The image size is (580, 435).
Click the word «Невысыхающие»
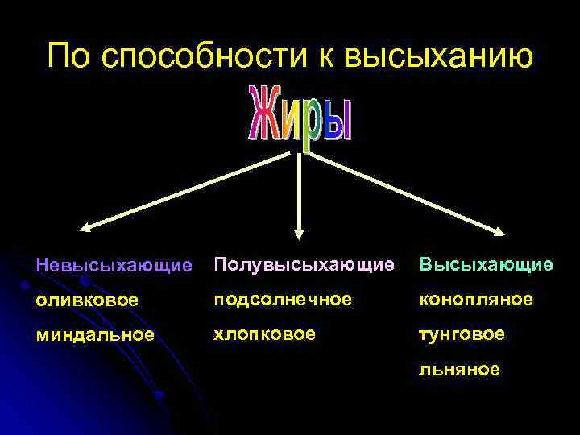114,265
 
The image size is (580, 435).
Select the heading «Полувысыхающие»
304,264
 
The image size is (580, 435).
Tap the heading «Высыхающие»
485,264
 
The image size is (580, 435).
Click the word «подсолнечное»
283,299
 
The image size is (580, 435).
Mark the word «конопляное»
474,299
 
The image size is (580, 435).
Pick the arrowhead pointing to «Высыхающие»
499,232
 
